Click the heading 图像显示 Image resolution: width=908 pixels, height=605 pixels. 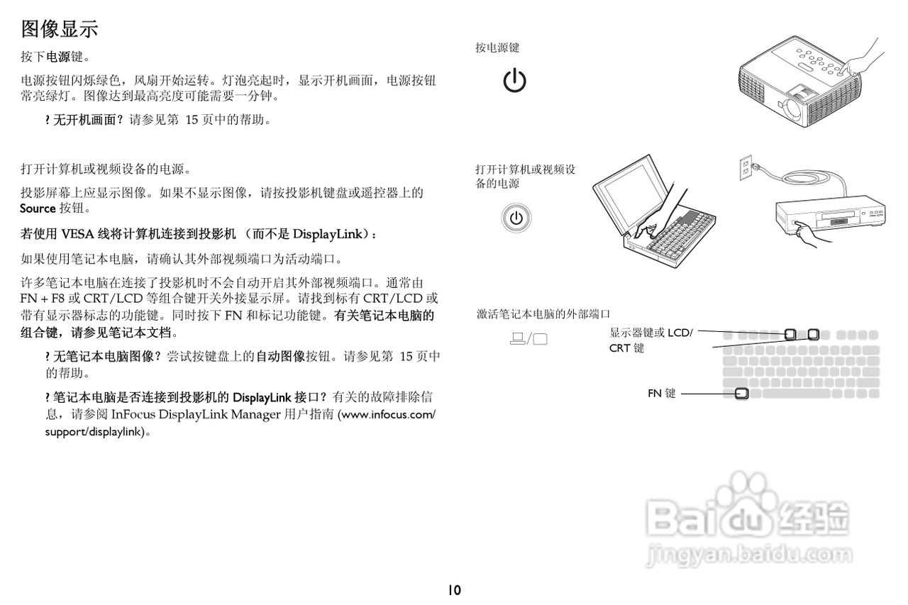click(60, 29)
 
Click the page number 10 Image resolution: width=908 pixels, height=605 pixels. click(454, 589)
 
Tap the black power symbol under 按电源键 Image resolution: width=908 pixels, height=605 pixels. click(514, 81)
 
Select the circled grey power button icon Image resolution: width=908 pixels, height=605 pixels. click(516, 218)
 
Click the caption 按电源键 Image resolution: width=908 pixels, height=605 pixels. click(497, 48)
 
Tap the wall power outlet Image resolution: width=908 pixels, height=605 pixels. click(745, 167)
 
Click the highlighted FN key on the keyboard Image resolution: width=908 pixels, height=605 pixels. click(741, 393)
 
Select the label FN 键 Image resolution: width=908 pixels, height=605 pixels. click(661, 392)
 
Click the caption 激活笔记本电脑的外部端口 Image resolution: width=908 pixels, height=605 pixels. click(543, 313)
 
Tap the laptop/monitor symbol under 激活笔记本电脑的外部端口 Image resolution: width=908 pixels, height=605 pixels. click(528, 338)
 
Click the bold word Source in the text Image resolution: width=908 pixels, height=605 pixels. click(38, 209)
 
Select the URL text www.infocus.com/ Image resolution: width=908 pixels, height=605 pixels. click(389, 414)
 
